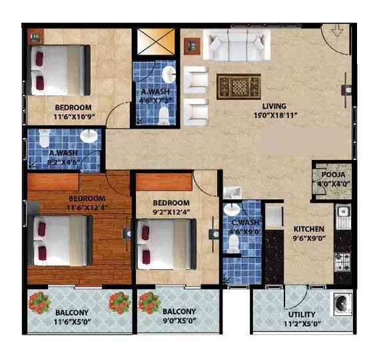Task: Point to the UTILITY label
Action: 302,315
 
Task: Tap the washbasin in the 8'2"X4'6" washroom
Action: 89,137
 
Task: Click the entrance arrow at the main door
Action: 337,30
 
